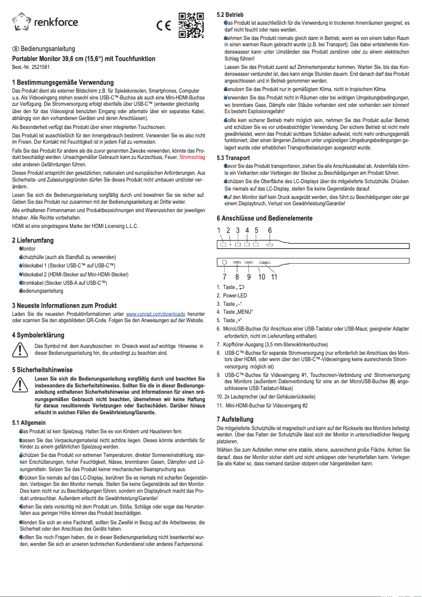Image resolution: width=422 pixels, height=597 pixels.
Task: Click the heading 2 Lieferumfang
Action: (33, 240)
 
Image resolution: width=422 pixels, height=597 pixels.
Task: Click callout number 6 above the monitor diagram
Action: (270, 230)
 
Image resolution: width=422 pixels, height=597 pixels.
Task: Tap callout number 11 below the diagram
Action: (274, 277)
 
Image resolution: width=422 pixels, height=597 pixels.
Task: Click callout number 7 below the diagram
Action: (225, 277)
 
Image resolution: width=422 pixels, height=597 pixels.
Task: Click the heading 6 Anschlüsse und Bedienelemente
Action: (265, 218)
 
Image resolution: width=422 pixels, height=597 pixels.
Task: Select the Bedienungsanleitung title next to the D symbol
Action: (47, 48)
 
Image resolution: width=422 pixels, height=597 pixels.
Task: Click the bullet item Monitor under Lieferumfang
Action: (27, 248)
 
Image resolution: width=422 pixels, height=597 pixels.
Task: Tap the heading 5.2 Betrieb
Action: (230, 14)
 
